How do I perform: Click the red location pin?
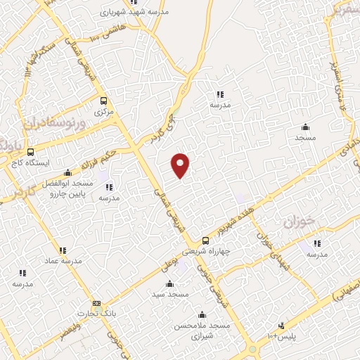click(181, 165)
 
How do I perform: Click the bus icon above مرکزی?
click(104, 101)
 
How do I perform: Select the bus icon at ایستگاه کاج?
click(30, 151)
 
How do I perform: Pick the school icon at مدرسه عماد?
click(63, 250)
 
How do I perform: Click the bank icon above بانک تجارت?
click(96, 303)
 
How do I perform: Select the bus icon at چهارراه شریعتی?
click(205, 240)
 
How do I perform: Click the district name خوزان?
click(297, 222)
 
